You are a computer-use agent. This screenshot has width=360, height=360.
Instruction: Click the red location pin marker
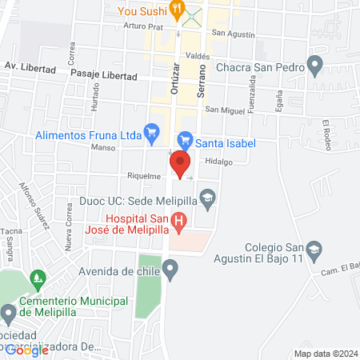click(x=180, y=165)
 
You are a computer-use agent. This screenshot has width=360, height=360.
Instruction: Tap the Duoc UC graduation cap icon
click(x=208, y=197)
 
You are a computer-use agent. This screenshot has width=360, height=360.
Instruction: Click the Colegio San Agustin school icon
click(x=314, y=250)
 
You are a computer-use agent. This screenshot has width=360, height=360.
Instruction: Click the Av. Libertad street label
click(x=30, y=69)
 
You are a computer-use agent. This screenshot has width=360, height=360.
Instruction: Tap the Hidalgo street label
click(x=218, y=161)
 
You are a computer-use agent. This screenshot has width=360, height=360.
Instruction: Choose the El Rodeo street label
click(x=326, y=129)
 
